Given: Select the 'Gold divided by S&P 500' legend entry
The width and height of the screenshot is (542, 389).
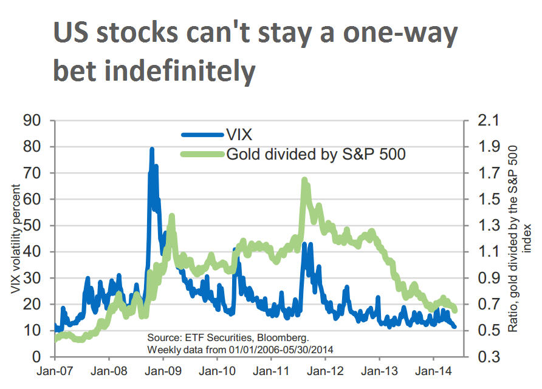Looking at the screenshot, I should pyautogui.click(x=315, y=154).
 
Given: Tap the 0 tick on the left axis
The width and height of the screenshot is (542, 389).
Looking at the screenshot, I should pyautogui.click(x=36, y=356).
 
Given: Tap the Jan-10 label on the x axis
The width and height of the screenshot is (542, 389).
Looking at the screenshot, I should pyautogui.click(x=218, y=370).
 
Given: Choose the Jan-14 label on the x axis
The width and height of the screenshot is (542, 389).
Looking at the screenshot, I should pyautogui.click(x=433, y=370).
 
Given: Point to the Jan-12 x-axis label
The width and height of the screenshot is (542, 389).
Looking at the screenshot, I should pyautogui.click(x=325, y=370).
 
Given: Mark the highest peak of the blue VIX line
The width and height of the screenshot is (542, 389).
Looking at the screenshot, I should pyautogui.click(x=151, y=149).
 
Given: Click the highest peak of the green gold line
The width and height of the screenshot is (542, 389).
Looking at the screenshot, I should pyautogui.click(x=304, y=180).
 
